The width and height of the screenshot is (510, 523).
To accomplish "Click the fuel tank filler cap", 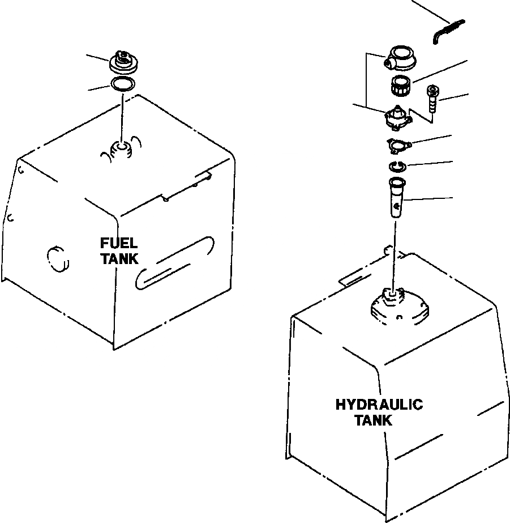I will (122, 61).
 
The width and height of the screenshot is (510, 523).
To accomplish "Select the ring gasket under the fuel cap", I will (122, 85).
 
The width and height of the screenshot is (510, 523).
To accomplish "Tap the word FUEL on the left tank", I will (118, 244).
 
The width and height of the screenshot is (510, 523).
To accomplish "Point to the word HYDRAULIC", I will (379, 405).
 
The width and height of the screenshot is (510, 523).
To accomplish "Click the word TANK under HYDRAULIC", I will (372, 420).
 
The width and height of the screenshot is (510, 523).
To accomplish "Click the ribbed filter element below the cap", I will (402, 87).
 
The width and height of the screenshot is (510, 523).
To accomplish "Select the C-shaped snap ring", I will (398, 167).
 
